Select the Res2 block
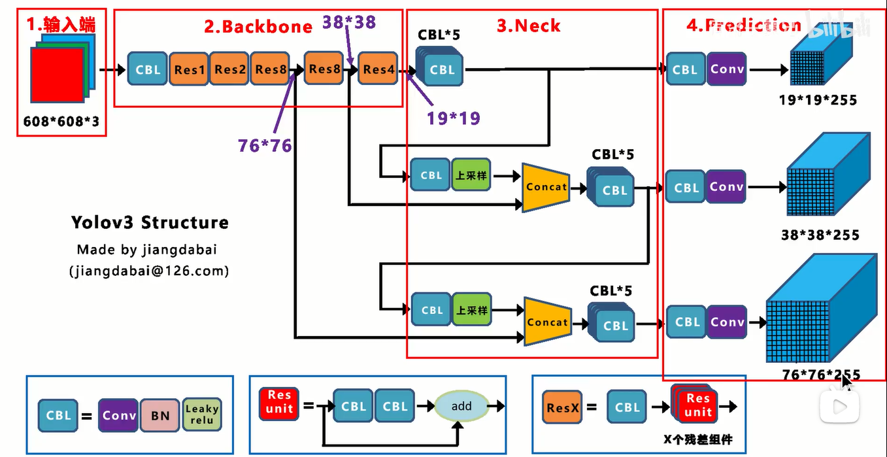229,69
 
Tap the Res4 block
378,69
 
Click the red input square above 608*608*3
57,75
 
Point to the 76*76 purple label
265,146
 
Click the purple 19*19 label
454,118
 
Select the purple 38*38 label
349,22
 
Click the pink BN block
160,415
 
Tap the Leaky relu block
202,415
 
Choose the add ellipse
461,406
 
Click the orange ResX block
562,407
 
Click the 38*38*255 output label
820,235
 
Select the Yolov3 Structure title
150,222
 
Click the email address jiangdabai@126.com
149,271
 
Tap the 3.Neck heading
529,25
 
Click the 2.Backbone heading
258,27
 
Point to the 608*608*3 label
61,121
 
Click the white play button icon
839,407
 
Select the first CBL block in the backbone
147,69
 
